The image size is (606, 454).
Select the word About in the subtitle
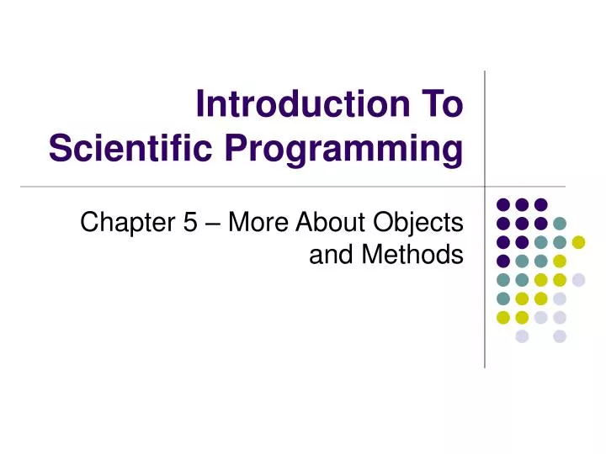pos(334,224)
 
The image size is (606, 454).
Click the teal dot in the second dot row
pos(560,223)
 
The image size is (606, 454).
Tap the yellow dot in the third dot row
pos(578,242)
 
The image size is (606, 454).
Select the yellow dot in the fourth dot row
pos(560,261)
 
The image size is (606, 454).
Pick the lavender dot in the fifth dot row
pos(578,280)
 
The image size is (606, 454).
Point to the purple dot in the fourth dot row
pos(502,261)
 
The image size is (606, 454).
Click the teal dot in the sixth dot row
pos(502,298)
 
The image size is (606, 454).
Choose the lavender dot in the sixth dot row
pos(560,298)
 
